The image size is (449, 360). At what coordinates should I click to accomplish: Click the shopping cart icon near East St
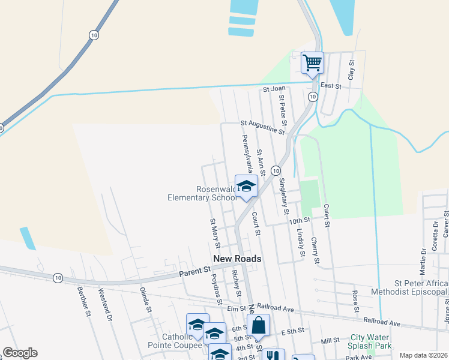pyautogui.click(x=312, y=62)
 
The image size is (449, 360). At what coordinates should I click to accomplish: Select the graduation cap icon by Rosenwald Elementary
pyautogui.click(x=246, y=186)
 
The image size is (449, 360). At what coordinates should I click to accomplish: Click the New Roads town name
pyautogui.click(x=238, y=259)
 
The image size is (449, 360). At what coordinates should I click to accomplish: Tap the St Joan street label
pyautogui.click(x=274, y=89)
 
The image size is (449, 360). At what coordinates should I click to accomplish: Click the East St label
pyautogui.click(x=331, y=86)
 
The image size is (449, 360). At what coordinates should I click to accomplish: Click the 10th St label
pyautogui.click(x=298, y=220)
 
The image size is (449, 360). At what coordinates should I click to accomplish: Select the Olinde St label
pyautogui.click(x=144, y=300)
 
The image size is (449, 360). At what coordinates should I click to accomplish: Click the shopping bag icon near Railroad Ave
pyautogui.click(x=258, y=326)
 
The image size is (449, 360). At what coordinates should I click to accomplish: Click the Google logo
pyautogui.click(x=20, y=353)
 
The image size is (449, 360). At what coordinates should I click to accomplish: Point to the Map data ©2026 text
pyautogui.click(x=423, y=355)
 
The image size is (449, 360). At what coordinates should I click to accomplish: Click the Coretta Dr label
pyautogui.click(x=435, y=235)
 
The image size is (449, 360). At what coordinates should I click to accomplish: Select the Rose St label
pyautogui.click(x=355, y=297)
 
